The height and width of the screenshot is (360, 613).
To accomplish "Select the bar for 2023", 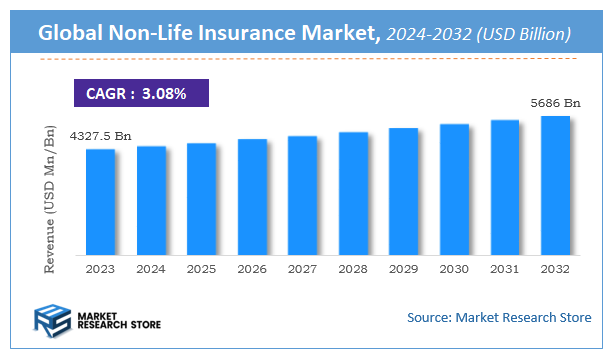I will click(x=100, y=200).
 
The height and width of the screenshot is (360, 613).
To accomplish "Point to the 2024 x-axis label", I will click(x=151, y=268).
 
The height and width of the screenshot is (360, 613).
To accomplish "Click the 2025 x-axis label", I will click(x=201, y=268).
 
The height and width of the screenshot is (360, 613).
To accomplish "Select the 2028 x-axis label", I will click(x=353, y=268).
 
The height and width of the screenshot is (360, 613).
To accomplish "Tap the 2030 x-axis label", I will click(x=454, y=268).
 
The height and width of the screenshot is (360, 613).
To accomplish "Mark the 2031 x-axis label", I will click(x=505, y=268).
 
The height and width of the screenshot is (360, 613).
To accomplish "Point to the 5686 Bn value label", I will click(x=555, y=102).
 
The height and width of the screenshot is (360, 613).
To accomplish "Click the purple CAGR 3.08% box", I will click(x=141, y=93).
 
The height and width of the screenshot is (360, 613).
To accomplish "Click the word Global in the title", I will click(x=75, y=34).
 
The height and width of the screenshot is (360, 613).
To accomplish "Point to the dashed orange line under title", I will click(x=306, y=59).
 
